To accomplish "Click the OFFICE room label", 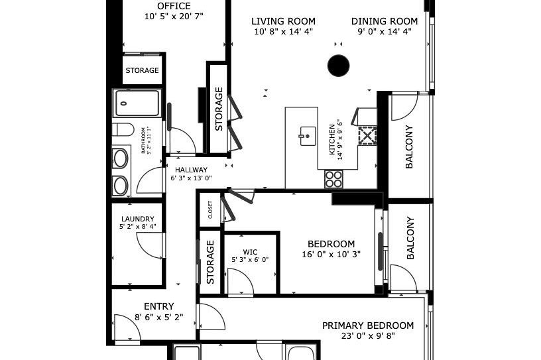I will [x=174, y=6].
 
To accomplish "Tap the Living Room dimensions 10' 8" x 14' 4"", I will [x=283, y=31].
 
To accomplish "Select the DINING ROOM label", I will [x=385, y=21].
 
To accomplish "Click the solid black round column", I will [x=339, y=65].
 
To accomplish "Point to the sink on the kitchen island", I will [x=306, y=135].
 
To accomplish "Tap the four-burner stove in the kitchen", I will [x=333, y=178].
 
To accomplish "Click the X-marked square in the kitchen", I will [x=367, y=136].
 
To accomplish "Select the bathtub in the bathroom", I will [x=137, y=103].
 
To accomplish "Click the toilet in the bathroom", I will [x=123, y=129].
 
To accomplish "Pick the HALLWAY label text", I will [x=191, y=170].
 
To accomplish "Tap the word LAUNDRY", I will [x=137, y=219].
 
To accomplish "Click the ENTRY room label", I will [x=159, y=306].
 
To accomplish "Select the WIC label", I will [x=250, y=252].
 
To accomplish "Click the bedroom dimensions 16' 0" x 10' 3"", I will [x=331, y=254].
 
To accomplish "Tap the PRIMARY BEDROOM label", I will [x=368, y=326].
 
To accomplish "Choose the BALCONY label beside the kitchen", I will [x=409, y=147].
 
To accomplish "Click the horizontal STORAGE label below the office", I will [x=143, y=70].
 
